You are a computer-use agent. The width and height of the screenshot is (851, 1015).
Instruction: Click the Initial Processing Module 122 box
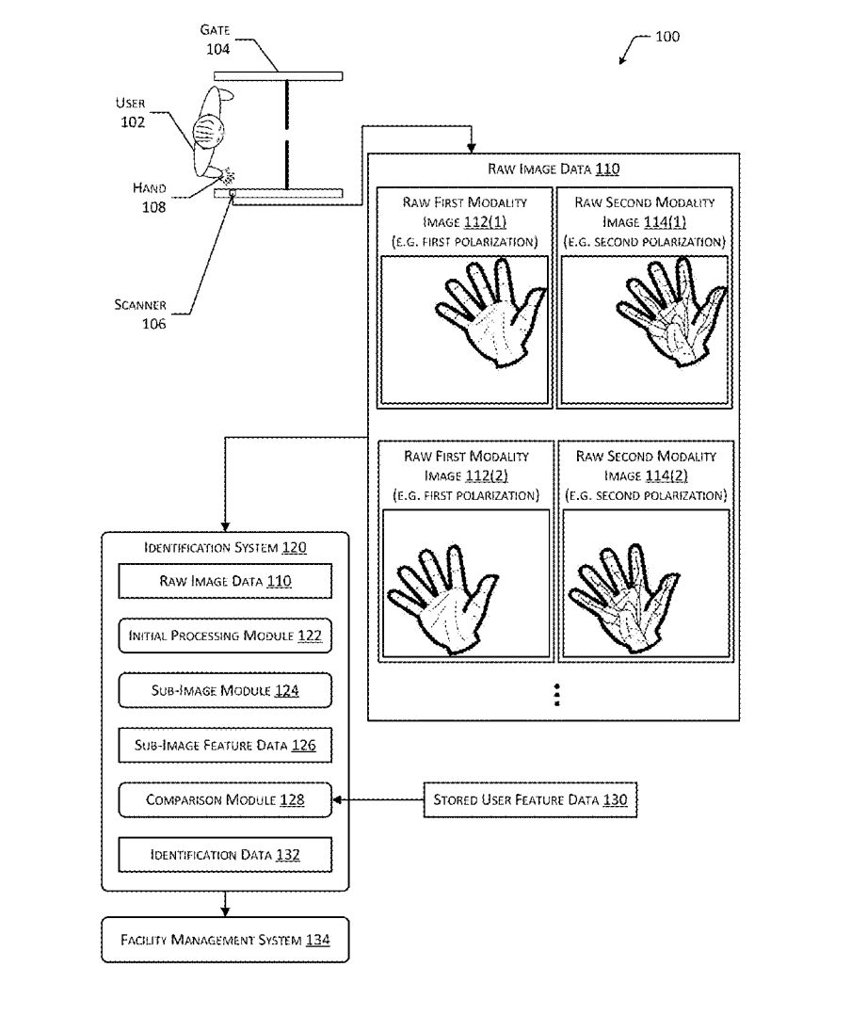(225, 636)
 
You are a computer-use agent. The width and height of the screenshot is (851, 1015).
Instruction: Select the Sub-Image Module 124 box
(225, 690)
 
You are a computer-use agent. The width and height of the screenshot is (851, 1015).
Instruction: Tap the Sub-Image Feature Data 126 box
(225, 745)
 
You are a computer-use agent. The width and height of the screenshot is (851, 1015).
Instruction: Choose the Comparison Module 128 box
(225, 800)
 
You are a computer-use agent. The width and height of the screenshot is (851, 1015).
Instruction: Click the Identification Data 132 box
(225, 855)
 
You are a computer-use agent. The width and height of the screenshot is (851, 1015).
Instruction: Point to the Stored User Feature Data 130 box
(530, 800)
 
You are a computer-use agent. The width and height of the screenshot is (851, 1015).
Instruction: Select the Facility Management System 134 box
(225, 940)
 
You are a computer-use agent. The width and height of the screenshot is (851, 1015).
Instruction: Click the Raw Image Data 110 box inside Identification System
(225, 581)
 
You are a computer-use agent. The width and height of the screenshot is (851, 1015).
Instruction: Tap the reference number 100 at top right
(666, 38)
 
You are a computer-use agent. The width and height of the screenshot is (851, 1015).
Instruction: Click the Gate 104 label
(217, 40)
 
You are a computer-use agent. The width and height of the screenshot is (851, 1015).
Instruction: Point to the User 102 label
(131, 113)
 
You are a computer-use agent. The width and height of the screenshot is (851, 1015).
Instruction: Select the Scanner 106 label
(140, 314)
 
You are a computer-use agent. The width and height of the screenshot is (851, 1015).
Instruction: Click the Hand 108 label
(149, 198)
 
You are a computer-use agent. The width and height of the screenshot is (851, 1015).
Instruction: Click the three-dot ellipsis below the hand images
(557, 694)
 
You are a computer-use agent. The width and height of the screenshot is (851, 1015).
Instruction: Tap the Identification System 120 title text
(225, 546)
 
